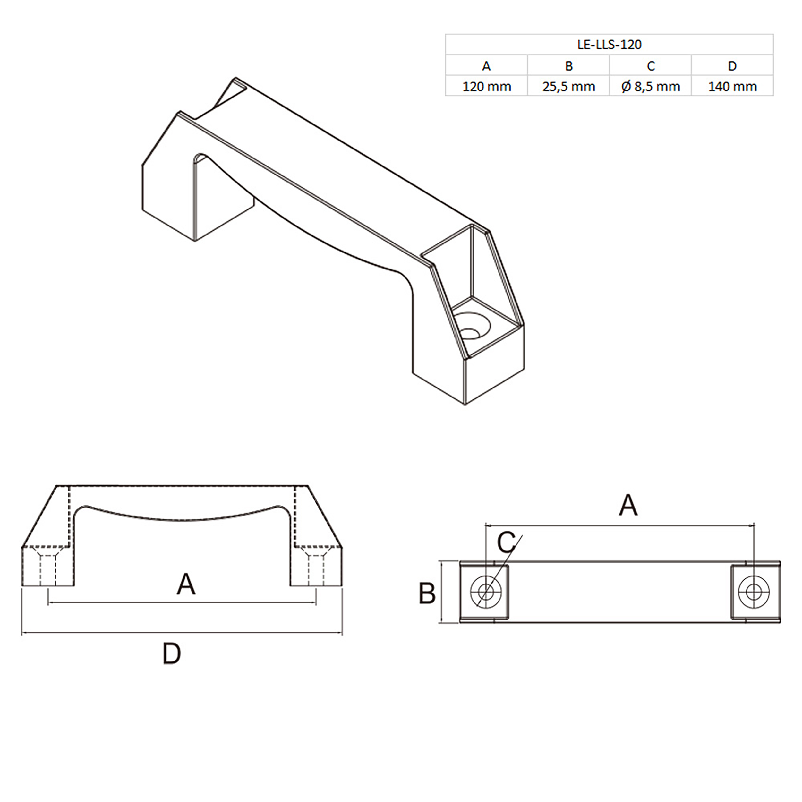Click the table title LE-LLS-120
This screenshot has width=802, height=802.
click(x=609, y=44)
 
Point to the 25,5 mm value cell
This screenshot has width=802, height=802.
click(x=569, y=86)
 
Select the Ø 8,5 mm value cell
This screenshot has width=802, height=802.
click(x=651, y=86)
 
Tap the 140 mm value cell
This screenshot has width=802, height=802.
click(x=732, y=86)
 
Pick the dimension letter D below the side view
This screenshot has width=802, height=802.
click(x=171, y=654)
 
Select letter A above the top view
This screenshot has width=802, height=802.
click(x=628, y=505)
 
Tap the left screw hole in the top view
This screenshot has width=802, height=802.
click(x=486, y=592)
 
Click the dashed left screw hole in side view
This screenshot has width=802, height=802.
click(x=48, y=567)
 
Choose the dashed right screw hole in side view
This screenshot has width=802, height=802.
click(x=316, y=567)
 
